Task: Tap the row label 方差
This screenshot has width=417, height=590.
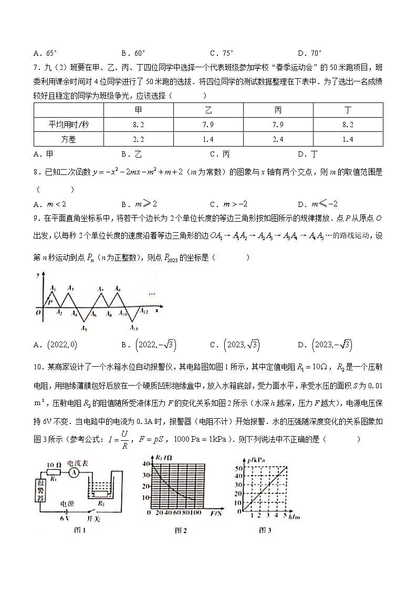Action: click(x=69, y=139)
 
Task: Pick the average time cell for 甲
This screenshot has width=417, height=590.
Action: click(x=139, y=125)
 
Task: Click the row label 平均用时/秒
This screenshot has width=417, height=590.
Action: click(x=69, y=125)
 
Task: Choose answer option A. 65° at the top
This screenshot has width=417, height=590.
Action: click(x=45, y=53)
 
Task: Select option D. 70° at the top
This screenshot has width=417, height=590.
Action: click(x=310, y=53)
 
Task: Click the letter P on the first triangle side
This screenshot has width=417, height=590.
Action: click(x=50, y=302)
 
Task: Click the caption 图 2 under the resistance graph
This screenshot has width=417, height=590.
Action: click(x=180, y=530)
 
